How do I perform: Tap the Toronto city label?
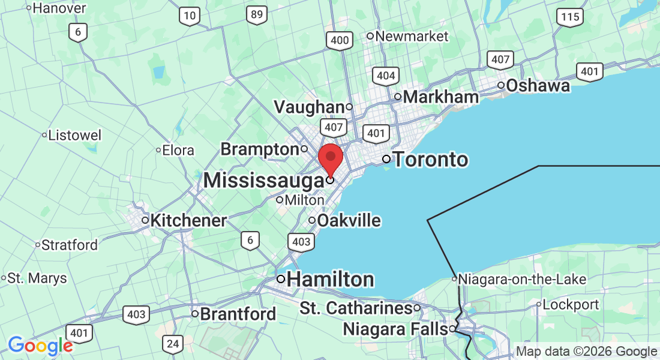point(430,160)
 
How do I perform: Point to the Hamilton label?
point(331,280)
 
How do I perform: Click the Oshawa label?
point(538,86)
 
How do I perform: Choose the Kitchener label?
point(188,221)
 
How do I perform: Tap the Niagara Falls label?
point(395,329)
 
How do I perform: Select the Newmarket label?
point(412,36)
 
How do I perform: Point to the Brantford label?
point(238,314)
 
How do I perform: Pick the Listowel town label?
point(75,135)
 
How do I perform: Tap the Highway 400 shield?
point(340,41)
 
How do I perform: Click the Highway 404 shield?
point(385,76)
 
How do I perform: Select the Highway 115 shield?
point(569,17)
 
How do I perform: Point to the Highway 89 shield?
point(257,15)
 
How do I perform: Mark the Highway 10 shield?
point(190,16)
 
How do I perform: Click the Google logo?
point(40,346)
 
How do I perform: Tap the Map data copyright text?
point(587,352)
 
